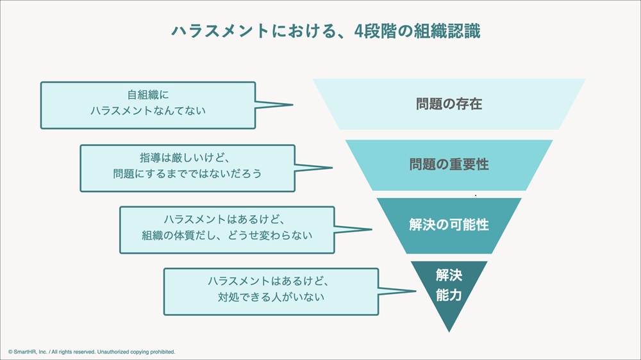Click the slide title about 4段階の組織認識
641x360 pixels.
326,31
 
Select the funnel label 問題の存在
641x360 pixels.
449,104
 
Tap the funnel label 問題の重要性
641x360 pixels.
449,164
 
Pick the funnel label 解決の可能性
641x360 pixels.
449,225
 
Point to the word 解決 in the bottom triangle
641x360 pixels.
449,275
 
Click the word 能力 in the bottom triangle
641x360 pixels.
449,295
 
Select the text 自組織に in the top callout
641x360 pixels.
148,95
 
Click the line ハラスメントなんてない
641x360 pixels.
148,111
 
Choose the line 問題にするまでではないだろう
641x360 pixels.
188,174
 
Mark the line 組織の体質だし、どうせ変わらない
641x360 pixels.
227,235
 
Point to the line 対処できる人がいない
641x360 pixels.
271,297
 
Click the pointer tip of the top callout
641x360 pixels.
293,104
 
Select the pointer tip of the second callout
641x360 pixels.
332,168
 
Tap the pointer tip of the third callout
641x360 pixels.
372,229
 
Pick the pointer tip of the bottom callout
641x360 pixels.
415,291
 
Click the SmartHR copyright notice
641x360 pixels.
92,352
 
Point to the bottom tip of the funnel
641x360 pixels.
449,331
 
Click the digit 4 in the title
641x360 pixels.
359,31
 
